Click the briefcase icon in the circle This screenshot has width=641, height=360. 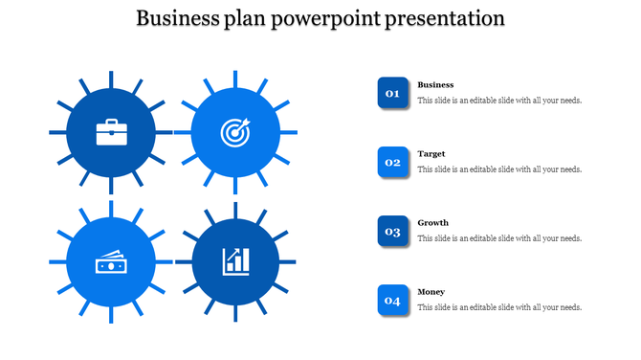point(111,131)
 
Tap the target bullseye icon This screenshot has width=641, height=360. point(235,132)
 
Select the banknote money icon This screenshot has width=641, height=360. point(111,261)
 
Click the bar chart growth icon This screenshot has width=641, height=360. point(235,261)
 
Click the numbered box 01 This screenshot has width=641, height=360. point(392,93)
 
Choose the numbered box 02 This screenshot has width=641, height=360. point(392,162)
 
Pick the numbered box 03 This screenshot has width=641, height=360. point(392,231)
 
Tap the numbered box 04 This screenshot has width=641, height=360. point(392,300)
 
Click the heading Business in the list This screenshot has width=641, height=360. point(435,85)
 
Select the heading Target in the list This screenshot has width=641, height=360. point(431,154)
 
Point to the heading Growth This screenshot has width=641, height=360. point(432,223)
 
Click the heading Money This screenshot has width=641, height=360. point(431,292)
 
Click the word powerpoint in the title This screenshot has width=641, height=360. point(324,18)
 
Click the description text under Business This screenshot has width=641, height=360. point(499,101)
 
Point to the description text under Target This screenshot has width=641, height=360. point(499,169)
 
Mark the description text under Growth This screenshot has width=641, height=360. point(499,238)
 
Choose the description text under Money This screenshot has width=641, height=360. point(499,307)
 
